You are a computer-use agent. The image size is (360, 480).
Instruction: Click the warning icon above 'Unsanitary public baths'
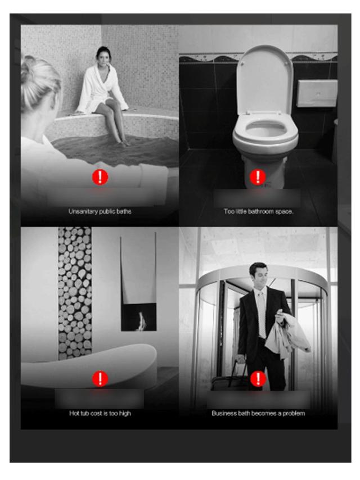point(100,177)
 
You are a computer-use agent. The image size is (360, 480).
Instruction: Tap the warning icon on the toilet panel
point(258,177)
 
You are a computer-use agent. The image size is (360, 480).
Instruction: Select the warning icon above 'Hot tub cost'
point(100,379)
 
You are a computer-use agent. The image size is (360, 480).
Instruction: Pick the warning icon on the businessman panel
point(258,379)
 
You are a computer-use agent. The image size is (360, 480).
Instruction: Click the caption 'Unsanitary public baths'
point(100,211)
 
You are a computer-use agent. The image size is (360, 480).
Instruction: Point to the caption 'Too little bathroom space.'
point(258,211)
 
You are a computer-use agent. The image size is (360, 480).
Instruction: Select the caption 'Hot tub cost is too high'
point(100,413)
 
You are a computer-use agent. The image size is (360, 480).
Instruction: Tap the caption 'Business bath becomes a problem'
point(258,413)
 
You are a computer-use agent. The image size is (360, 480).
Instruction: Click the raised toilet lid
point(265,80)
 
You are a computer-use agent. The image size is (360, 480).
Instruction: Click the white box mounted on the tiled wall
point(317,93)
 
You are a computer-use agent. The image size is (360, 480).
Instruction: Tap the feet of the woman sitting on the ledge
point(123,142)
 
